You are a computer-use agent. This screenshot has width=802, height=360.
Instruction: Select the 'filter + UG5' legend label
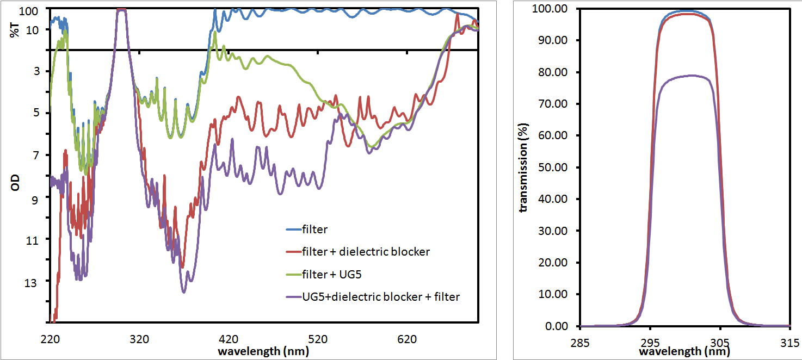point(338,274)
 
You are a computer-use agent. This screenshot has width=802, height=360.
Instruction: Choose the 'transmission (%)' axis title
point(523,166)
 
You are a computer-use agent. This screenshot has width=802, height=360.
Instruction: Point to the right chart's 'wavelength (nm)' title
point(685,351)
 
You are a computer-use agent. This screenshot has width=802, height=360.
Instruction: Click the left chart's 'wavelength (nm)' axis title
point(263,351)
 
